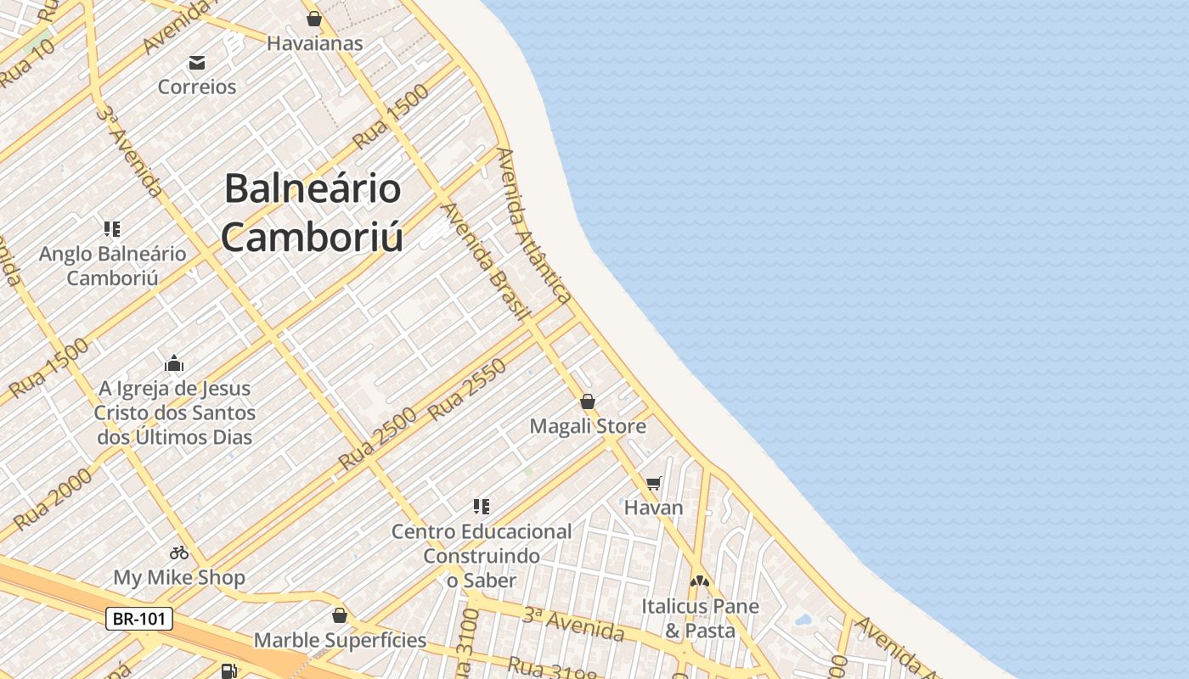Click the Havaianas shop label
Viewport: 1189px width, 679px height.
pos(314,43)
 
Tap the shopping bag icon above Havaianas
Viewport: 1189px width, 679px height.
pos(314,19)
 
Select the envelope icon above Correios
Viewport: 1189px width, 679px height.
pos(197,62)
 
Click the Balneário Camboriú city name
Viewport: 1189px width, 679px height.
pos(313,212)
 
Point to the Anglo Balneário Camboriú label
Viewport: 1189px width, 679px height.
pos(113,266)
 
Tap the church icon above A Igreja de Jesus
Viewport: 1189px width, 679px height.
pos(174,364)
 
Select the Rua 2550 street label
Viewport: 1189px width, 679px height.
pos(468,390)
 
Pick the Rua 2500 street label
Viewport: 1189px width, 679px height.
pos(378,440)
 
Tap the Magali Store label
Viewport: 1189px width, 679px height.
pos(588,426)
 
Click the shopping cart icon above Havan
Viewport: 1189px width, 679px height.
pos(653,484)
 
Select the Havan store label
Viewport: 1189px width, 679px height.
pos(653,508)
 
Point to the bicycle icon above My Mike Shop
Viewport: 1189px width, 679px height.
pos(179,553)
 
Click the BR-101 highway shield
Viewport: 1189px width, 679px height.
pos(139,619)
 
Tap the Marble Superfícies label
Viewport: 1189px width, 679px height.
pos(340,640)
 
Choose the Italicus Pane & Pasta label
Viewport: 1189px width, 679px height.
pos(700,619)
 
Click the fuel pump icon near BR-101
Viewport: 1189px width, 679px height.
pos(228,671)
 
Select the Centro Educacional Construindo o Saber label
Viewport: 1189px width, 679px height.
pos(482,556)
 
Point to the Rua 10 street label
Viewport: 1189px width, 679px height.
pos(27,61)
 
